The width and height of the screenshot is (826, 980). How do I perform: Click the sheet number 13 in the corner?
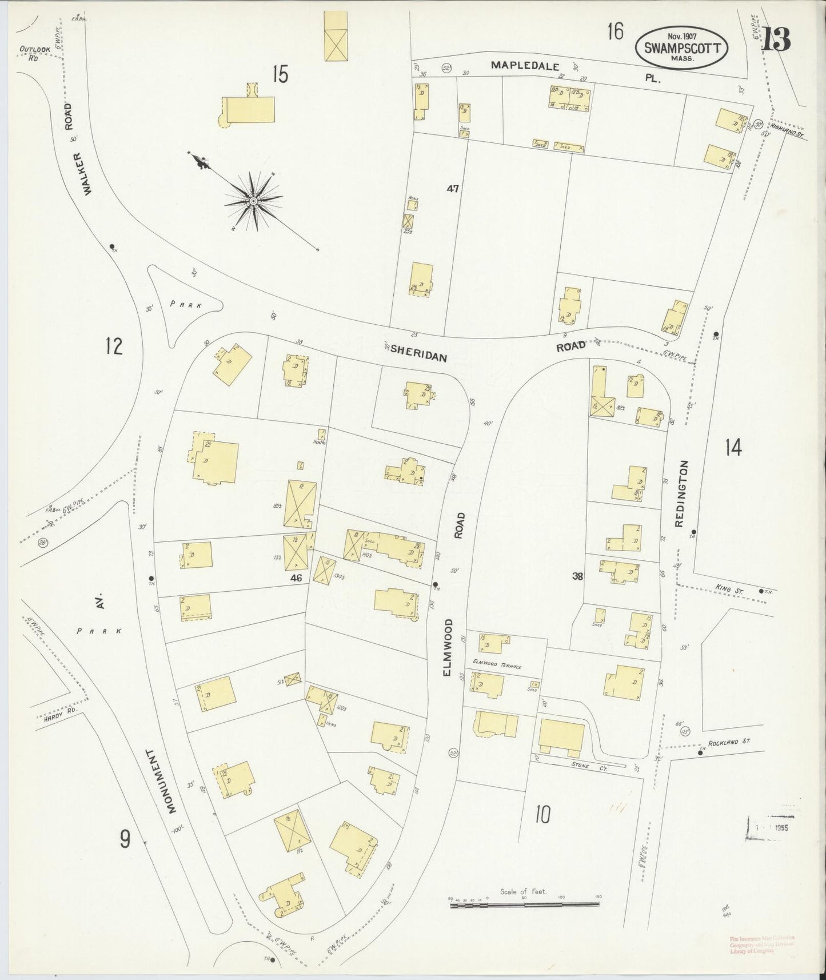click(776, 39)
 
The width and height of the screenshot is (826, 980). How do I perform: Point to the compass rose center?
click(253, 201)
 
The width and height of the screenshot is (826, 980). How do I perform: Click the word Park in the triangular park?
click(186, 305)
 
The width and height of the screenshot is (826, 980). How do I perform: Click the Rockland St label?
click(728, 741)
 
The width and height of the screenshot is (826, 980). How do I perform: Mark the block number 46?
click(296, 578)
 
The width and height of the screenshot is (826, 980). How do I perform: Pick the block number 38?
click(577, 576)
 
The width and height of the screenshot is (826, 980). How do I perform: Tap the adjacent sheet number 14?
click(733, 447)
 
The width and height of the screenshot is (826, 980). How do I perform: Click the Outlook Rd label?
click(35, 53)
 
